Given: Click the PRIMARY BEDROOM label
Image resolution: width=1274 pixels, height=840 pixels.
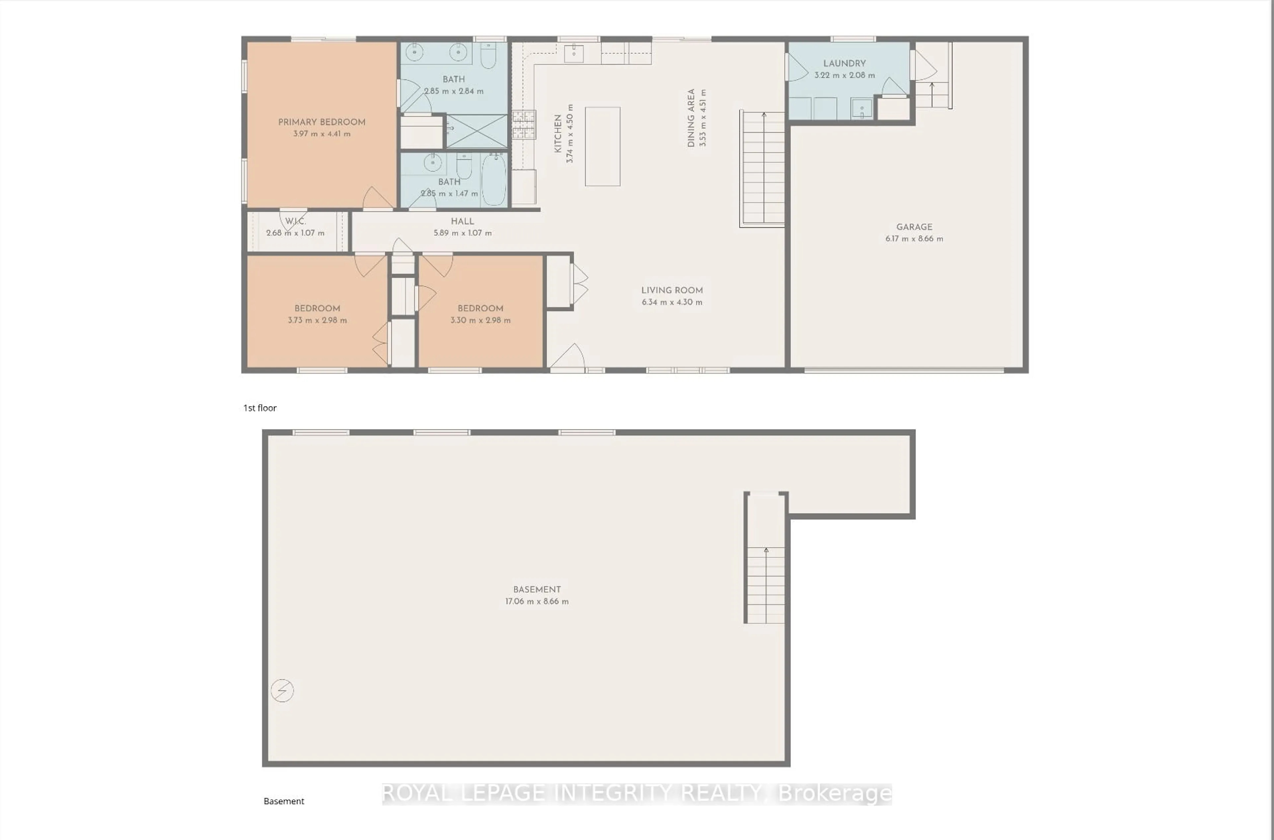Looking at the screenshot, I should (321, 122).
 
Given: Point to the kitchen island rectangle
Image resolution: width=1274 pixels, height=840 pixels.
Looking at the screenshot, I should (602, 146).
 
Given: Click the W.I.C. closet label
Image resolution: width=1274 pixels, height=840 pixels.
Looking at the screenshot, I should (295, 221).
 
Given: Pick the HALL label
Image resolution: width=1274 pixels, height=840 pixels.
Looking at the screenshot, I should (462, 221).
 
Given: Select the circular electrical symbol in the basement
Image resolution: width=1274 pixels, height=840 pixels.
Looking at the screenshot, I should (282, 690).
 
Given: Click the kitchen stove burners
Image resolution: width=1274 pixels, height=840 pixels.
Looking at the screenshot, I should (524, 124).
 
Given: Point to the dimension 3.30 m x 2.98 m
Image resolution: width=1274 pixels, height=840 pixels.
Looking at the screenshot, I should (480, 320).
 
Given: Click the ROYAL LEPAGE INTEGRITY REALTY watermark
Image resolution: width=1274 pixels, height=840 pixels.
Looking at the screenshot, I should (637, 793).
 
